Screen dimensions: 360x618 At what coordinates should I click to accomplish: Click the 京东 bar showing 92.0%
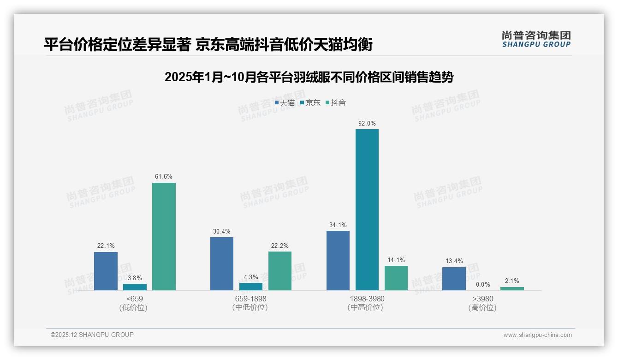[x=367, y=210]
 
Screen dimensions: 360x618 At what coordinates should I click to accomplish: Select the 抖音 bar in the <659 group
[x=164, y=236]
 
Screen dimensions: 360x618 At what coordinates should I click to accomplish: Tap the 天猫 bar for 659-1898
[x=221, y=264]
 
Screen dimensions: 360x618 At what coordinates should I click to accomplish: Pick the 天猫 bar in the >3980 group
[x=454, y=279]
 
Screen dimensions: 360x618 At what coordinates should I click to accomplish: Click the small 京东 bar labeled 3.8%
[x=135, y=287]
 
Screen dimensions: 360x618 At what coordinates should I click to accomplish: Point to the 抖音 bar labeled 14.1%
[x=396, y=278]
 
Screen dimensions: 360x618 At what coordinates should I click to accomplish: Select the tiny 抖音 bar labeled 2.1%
[x=512, y=288]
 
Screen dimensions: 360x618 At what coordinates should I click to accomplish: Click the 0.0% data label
[x=483, y=285]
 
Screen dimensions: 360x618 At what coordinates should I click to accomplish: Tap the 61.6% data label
[x=164, y=177]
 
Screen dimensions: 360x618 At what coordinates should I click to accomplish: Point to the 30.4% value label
[x=221, y=232]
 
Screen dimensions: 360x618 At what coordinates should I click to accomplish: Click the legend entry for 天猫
[x=285, y=103]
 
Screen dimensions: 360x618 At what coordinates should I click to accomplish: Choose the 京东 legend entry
[x=310, y=103]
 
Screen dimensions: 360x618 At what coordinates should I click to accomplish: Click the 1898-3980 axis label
[x=367, y=299]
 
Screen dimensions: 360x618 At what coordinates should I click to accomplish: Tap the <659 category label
[x=135, y=299]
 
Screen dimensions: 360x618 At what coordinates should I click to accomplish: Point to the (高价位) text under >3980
[x=482, y=307]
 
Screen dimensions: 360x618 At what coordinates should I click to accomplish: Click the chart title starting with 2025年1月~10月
[x=309, y=77]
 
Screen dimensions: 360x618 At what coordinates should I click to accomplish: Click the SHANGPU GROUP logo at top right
[x=536, y=39]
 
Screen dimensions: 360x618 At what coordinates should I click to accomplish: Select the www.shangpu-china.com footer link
[x=537, y=335]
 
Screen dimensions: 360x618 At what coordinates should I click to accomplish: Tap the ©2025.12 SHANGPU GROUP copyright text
[x=92, y=335]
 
